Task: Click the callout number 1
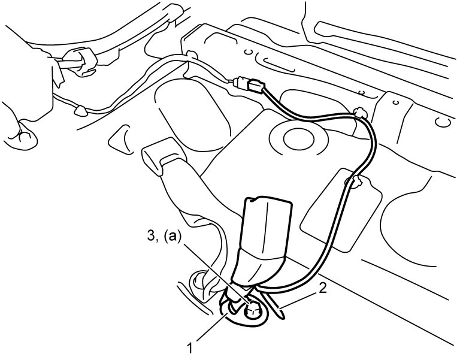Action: [190, 349]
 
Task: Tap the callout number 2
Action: [322, 289]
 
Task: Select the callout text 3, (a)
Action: [164, 237]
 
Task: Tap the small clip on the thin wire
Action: [80, 110]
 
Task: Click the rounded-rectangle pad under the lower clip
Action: [341, 210]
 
